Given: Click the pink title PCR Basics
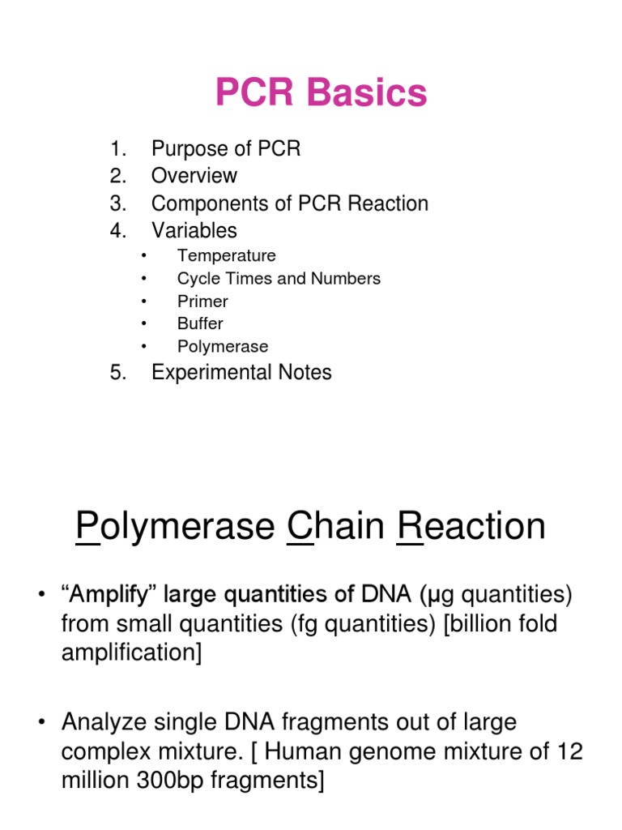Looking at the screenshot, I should [321, 93].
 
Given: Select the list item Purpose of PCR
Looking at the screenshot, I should [226, 149].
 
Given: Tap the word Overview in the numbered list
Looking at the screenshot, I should [194, 176].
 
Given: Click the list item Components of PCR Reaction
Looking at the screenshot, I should [290, 203].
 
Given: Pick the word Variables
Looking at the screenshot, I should [194, 230].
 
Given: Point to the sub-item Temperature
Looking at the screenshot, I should [227, 256].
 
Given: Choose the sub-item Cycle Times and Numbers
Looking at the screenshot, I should [279, 279].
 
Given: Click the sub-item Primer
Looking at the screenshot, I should [202, 302].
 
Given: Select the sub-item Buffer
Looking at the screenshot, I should [200, 324].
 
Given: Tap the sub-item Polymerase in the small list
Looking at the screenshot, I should [223, 347].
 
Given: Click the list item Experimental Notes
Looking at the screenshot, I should [241, 373].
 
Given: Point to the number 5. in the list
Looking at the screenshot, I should [119, 373].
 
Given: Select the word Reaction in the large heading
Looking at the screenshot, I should [471, 527].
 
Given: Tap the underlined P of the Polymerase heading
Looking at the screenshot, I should [86, 527].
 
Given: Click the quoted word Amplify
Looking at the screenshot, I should [109, 597].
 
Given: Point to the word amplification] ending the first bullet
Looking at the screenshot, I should [131, 652].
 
